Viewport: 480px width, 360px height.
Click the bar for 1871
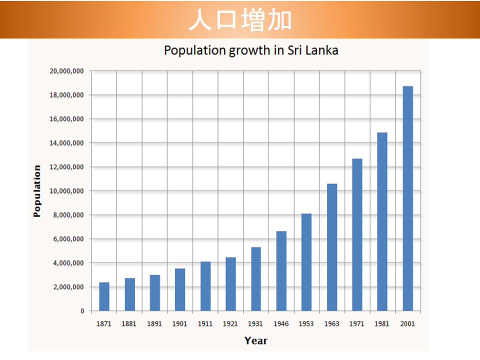[x=104, y=296]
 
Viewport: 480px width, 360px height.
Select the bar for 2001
[x=407, y=198]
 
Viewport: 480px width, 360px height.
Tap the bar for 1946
[x=281, y=271]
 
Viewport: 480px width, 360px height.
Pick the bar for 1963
[x=331, y=247]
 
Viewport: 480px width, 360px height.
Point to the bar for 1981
[x=382, y=221]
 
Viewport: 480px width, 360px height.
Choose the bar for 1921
[x=230, y=284]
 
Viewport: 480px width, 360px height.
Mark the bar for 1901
[x=180, y=289]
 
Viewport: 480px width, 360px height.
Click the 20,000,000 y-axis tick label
[x=66, y=71]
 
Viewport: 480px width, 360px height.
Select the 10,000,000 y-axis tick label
[x=66, y=191]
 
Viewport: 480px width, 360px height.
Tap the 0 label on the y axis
[x=82, y=311]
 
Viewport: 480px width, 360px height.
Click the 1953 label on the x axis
[x=306, y=324]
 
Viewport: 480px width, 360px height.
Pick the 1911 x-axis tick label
[x=205, y=324]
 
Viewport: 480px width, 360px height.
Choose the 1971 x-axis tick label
[x=356, y=324]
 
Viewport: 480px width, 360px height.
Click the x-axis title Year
[x=256, y=341]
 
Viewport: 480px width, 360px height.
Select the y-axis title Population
[x=37, y=191]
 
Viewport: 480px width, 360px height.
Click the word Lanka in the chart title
[x=319, y=50]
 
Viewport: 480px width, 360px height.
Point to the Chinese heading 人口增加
[x=240, y=20]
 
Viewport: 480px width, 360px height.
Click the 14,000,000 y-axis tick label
[x=66, y=143]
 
